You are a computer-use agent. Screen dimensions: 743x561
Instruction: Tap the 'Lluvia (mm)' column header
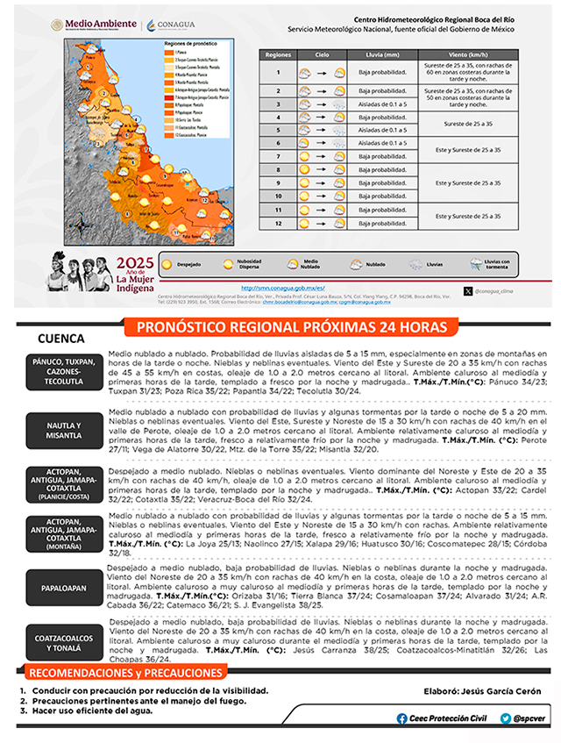[x=382, y=54]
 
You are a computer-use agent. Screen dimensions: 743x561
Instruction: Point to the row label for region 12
[x=278, y=223]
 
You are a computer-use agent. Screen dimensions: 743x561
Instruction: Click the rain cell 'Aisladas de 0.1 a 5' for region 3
[x=382, y=104]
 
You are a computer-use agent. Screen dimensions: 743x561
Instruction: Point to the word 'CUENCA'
[x=61, y=339]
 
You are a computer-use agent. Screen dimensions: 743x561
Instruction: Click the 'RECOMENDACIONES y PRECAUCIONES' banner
[x=126, y=672]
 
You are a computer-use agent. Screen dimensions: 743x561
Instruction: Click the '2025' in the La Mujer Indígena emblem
[x=135, y=263]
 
